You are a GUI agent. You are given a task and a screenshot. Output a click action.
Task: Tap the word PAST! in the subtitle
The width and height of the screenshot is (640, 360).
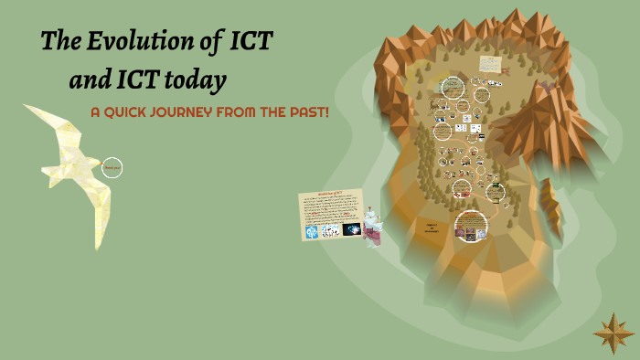tap(306, 111)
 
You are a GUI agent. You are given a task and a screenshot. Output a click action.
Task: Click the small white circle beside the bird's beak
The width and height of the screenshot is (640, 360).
tap(112, 167)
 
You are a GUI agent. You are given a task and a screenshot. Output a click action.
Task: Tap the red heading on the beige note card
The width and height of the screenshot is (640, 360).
tap(330, 194)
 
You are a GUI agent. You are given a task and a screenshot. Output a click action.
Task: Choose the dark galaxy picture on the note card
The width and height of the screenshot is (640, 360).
tap(352, 231)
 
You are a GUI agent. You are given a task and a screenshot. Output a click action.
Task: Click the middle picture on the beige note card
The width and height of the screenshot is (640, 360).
tap(331, 232)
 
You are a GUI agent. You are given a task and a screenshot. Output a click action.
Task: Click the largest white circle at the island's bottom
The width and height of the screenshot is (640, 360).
tap(471, 224)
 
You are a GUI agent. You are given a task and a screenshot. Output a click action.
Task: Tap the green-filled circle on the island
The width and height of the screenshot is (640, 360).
tap(497, 192)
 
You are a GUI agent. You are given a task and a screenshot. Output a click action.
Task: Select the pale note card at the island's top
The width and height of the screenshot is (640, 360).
tap(490, 63)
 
